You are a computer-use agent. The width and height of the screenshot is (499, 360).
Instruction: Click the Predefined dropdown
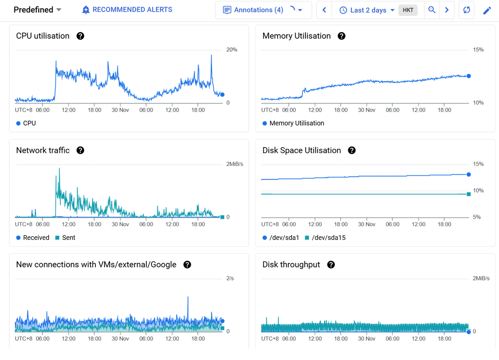[37, 10]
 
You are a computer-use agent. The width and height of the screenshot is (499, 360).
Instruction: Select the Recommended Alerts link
[127, 10]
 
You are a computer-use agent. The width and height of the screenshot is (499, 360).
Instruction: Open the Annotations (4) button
[259, 10]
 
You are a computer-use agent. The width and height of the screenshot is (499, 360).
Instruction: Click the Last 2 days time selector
[367, 10]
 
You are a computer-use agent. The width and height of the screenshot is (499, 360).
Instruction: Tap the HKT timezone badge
[408, 10]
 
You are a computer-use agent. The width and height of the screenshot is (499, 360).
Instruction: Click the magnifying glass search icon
[432, 10]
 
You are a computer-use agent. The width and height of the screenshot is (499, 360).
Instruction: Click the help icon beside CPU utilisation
[81, 36]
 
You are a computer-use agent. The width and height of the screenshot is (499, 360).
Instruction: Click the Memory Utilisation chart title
[297, 36]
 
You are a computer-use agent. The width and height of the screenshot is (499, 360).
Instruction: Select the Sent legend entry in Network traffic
[65, 238]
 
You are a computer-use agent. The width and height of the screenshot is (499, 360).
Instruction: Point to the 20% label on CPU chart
[232, 49]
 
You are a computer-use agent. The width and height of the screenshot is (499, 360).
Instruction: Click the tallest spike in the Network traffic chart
[59, 169]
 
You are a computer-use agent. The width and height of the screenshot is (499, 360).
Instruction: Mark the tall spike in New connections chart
[188, 297]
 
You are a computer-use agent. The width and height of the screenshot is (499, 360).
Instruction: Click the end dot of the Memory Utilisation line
[468, 76]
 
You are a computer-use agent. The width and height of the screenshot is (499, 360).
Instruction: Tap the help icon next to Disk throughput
[331, 265]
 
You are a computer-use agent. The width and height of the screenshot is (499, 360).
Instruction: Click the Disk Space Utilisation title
[301, 150]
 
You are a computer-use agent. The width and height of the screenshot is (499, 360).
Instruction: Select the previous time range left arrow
[324, 10]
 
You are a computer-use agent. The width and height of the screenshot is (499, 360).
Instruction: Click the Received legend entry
[32, 238]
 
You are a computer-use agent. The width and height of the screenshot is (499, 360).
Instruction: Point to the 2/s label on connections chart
[230, 279]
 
